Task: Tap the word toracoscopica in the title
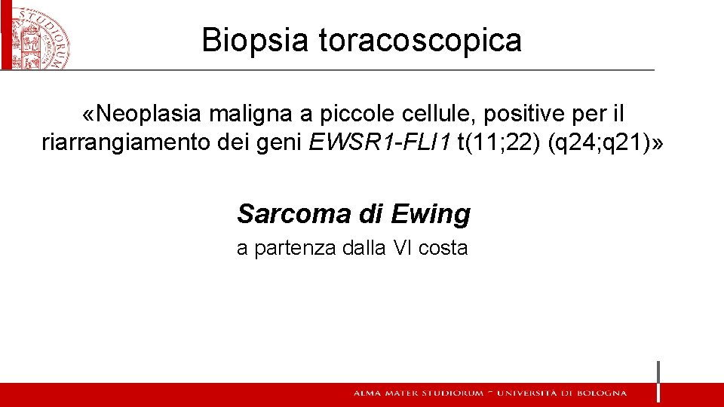[420, 40]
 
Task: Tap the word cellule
[439, 113]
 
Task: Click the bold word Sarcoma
[290, 214]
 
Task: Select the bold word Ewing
[431, 214]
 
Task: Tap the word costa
[443, 247]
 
